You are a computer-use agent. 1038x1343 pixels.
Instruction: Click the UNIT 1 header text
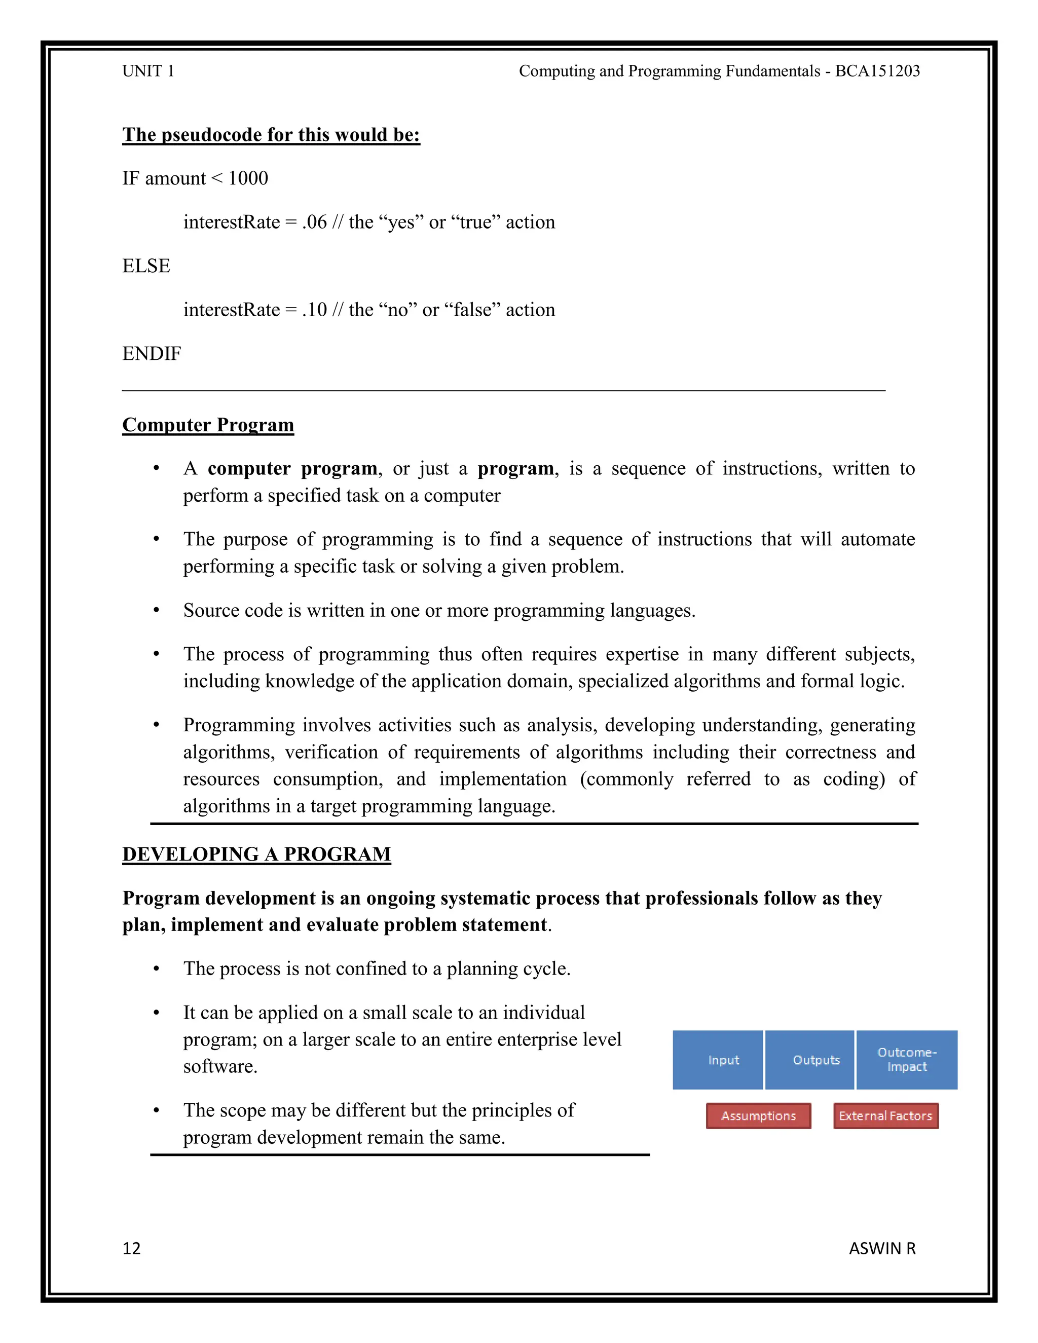pos(148,71)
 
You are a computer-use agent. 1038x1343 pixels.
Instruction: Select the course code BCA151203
pos(877,71)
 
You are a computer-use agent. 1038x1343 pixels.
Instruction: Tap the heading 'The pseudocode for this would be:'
pos(271,135)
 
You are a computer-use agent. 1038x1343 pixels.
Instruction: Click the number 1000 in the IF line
pos(248,178)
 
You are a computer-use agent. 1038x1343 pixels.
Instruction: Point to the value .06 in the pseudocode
pos(314,222)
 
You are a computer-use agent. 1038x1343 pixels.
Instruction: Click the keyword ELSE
pos(146,266)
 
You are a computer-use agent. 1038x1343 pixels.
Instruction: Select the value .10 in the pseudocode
pos(314,310)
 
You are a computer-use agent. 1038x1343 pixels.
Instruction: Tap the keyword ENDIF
pos(152,354)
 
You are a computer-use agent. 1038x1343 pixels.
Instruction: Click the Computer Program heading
pos(208,425)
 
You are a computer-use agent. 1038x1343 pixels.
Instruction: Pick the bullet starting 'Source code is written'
pos(439,611)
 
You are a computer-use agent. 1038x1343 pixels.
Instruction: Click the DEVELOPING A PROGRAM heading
pos(256,854)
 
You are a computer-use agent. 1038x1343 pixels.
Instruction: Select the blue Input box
pos(718,1060)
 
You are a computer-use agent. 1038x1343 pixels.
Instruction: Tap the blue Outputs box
pos(810,1060)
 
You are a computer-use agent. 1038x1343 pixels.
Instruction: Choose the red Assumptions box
pos(758,1116)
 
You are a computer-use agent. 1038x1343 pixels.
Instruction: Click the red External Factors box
pos(885,1116)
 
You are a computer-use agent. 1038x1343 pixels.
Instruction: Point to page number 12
pos(132,1248)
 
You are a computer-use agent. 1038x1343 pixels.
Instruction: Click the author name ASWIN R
pos(882,1248)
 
